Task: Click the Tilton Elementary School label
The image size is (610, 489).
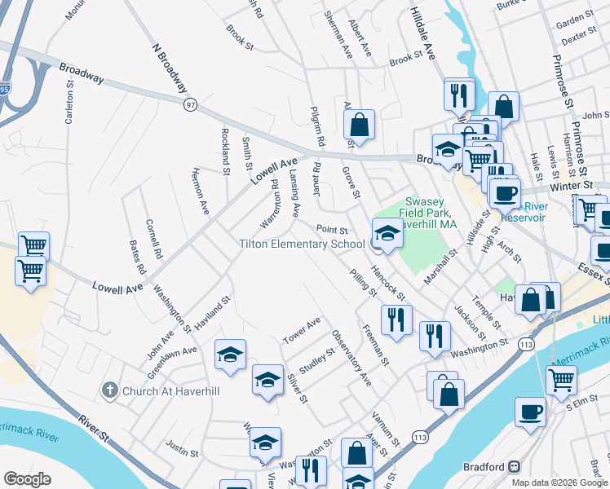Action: [302, 244]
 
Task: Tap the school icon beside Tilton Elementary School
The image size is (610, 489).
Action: [387, 233]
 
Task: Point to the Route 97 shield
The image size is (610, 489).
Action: [191, 104]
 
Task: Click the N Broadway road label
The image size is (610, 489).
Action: [170, 68]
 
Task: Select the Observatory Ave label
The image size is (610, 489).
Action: [351, 358]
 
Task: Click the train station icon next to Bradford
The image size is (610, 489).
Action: [515, 467]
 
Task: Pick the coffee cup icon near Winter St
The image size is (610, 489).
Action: [505, 192]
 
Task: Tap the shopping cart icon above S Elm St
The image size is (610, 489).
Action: [561, 378]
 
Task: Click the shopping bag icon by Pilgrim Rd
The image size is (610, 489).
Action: [359, 125]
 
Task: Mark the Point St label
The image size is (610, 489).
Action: [332, 231]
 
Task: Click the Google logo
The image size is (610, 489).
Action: [27, 479]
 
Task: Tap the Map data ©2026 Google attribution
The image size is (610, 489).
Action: [559, 482]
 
